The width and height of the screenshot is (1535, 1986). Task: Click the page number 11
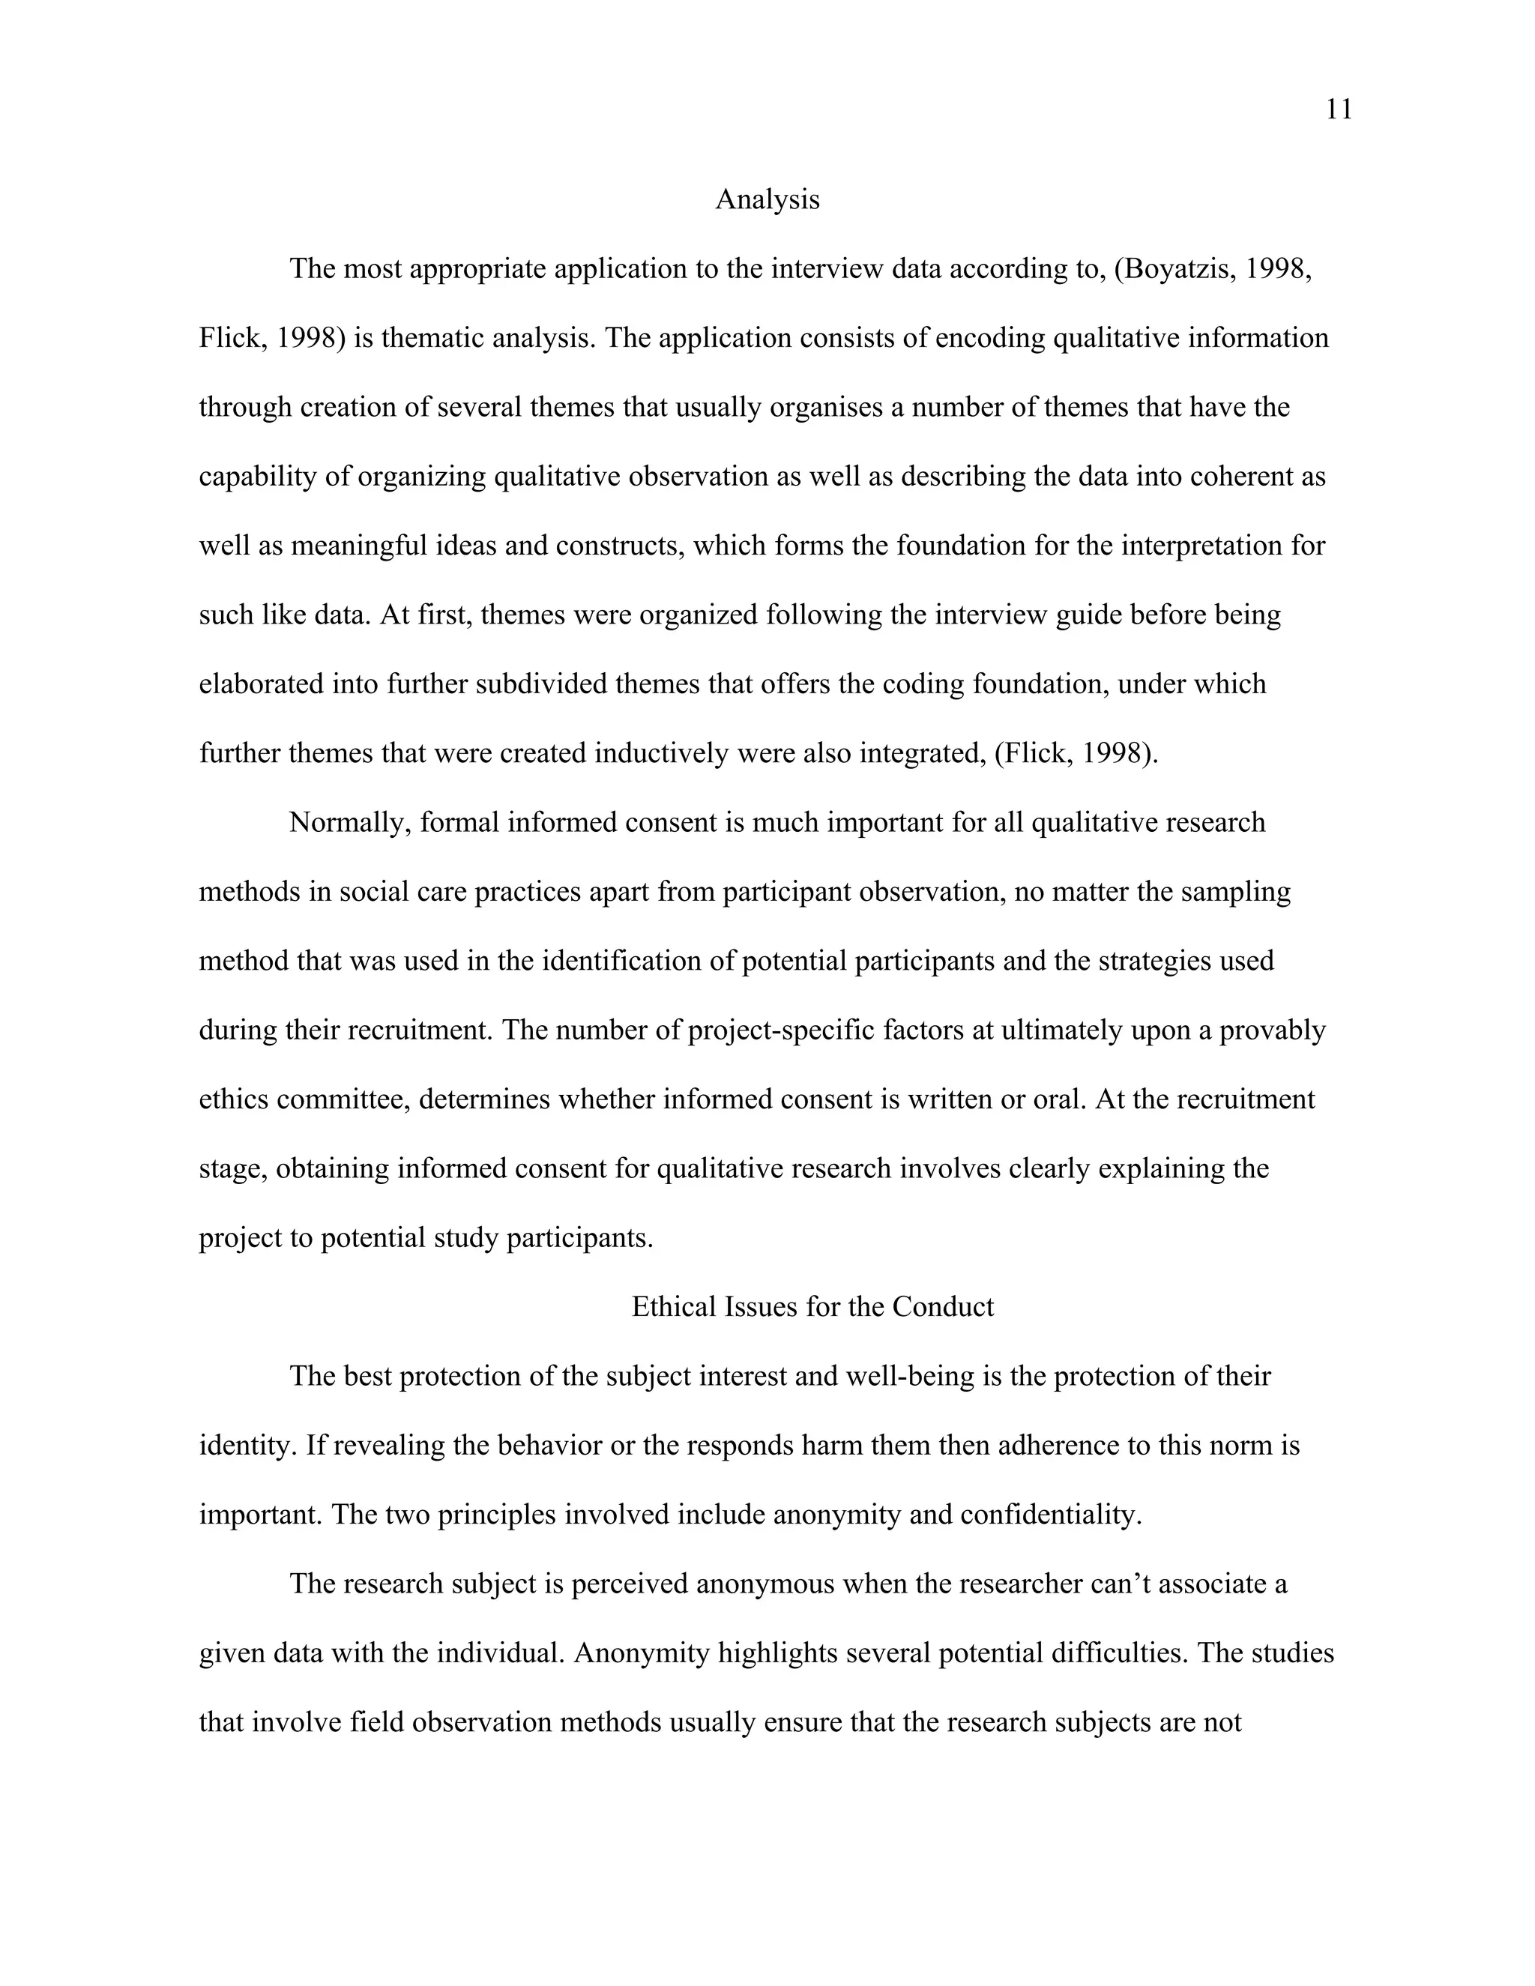tap(1339, 110)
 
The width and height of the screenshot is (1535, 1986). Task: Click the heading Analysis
tap(767, 199)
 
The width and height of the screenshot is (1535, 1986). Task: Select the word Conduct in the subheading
tap(943, 1307)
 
